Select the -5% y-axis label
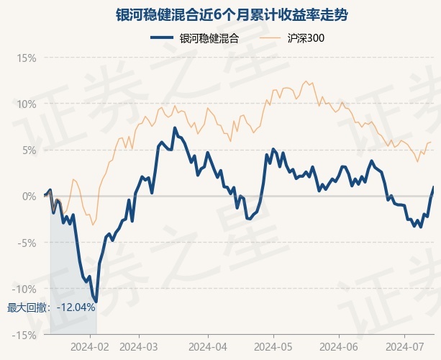pyautogui.click(x=26, y=242)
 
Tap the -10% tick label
pyautogui.click(x=24, y=288)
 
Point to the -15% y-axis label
pyautogui.click(x=24, y=334)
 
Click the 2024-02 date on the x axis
pyautogui.click(x=91, y=346)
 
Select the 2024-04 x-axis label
pyautogui.click(x=207, y=346)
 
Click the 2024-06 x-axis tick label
pyautogui.click(x=338, y=346)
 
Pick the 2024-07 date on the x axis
pyautogui.click(x=405, y=346)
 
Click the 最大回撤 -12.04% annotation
pyautogui.click(x=51, y=307)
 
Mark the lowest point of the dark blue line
pyautogui.click(x=96, y=302)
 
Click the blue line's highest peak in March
pyautogui.click(x=174, y=128)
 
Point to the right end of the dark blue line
pyautogui.click(x=434, y=186)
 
